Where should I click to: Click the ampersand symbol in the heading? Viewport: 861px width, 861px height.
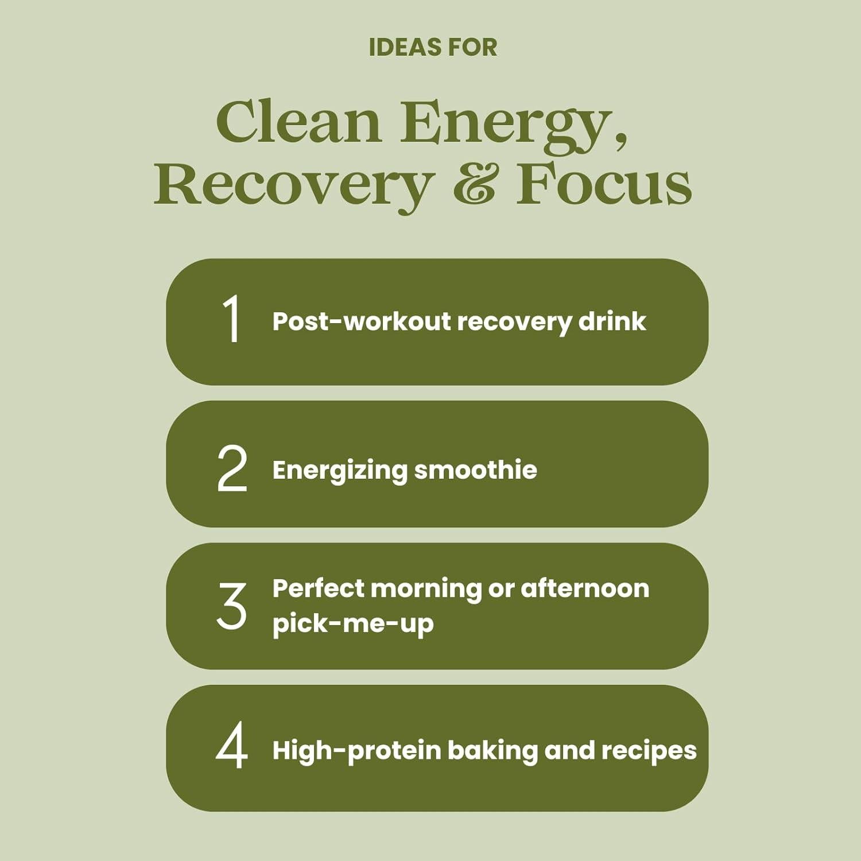474,183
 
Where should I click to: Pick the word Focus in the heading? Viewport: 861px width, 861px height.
604,183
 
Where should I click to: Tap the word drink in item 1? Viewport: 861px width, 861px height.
612,321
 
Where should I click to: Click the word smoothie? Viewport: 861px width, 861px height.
476,470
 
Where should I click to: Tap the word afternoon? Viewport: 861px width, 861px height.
585,589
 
